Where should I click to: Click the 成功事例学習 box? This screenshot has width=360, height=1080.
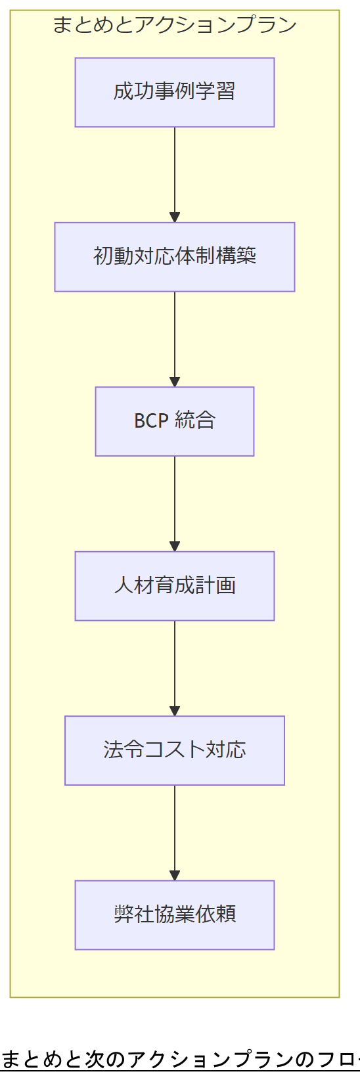coord(174,93)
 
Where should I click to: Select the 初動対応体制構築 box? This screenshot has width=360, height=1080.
coord(174,257)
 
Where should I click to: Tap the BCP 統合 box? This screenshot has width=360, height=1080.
coord(174,421)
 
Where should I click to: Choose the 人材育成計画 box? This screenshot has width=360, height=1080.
coord(174,586)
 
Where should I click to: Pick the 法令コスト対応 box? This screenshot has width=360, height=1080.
coord(174,750)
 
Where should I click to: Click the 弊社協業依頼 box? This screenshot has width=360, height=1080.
coord(174,915)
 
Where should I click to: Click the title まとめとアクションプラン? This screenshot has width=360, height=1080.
coord(174,25)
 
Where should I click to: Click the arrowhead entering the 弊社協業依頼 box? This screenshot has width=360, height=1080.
coord(175,875)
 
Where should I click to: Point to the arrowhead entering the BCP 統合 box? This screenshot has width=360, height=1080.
coord(175,382)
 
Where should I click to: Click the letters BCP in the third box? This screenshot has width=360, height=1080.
coord(151,421)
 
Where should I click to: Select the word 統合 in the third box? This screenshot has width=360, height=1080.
coord(196,421)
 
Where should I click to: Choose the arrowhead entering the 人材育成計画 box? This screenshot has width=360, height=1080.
coord(175,546)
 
